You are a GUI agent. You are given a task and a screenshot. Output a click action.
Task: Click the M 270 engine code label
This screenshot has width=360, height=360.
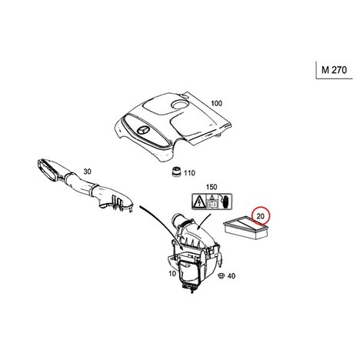tap(334, 70)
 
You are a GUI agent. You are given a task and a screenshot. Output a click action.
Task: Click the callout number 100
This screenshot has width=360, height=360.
tap(216, 104)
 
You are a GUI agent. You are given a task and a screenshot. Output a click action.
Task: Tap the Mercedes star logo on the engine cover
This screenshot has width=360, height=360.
tap(143, 131)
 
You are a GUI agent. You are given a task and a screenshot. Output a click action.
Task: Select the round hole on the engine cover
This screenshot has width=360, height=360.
tap(180, 104)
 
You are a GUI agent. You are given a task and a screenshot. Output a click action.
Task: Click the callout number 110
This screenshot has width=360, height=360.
tap(189, 173)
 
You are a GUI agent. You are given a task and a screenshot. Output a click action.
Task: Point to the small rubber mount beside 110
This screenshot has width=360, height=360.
tap(176, 172)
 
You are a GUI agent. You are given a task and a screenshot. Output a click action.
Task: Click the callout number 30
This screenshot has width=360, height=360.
tap(88, 172)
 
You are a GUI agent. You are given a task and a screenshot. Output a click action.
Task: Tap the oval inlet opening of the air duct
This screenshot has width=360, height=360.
tap(48, 171)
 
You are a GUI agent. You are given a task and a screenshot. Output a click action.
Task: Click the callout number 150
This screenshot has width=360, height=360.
tap(212, 187)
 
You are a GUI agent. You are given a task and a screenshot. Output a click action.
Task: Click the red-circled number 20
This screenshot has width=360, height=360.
tap(261, 216)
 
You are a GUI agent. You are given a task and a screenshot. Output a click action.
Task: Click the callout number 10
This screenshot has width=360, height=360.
tap(172, 274)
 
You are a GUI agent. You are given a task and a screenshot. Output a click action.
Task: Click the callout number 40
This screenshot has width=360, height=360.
tap(232, 276)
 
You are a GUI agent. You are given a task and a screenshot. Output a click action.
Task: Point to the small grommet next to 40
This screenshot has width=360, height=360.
tap(221, 275)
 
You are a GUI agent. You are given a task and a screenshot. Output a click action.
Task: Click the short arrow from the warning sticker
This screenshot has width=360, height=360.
tap(204, 220)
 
